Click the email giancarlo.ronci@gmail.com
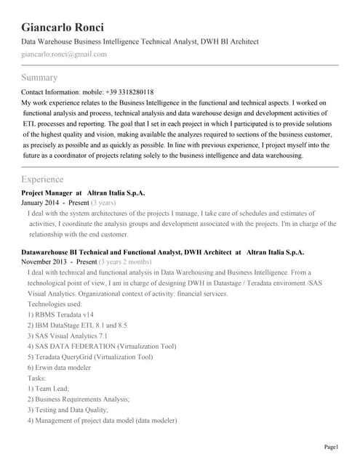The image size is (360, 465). (64, 54)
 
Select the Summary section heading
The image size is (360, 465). (39, 77)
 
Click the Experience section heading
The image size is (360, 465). (42, 179)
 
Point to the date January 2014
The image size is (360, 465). (41, 203)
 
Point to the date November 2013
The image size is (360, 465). (44, 261)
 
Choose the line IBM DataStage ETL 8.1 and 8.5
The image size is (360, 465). (77, 325)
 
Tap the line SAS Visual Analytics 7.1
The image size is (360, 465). (68, 336)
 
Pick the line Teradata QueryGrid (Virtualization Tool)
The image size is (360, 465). (90, 357)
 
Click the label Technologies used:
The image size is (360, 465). (55, 304)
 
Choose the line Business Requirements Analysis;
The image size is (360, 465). (79, 400)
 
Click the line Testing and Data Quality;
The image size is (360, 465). (68, 410)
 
